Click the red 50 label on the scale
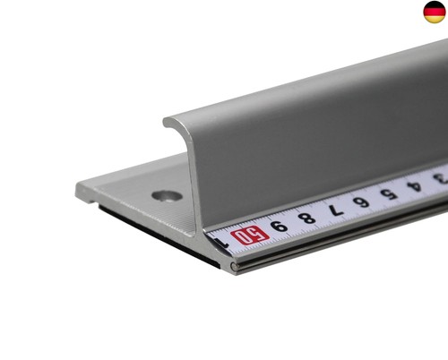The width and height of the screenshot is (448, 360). coord(250,236)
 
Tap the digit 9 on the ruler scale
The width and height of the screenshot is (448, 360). coord(279,227)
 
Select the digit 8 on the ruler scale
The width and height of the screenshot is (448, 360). coord(306,218)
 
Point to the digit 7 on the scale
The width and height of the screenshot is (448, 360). coord(336,210)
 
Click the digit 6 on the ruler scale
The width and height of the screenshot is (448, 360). coord(361,202)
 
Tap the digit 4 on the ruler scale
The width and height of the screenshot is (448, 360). coord(414,186)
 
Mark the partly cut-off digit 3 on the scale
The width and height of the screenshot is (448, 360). coord(442,178)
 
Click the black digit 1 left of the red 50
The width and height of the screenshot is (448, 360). coord(222,244)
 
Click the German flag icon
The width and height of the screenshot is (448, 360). coord(435,12)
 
